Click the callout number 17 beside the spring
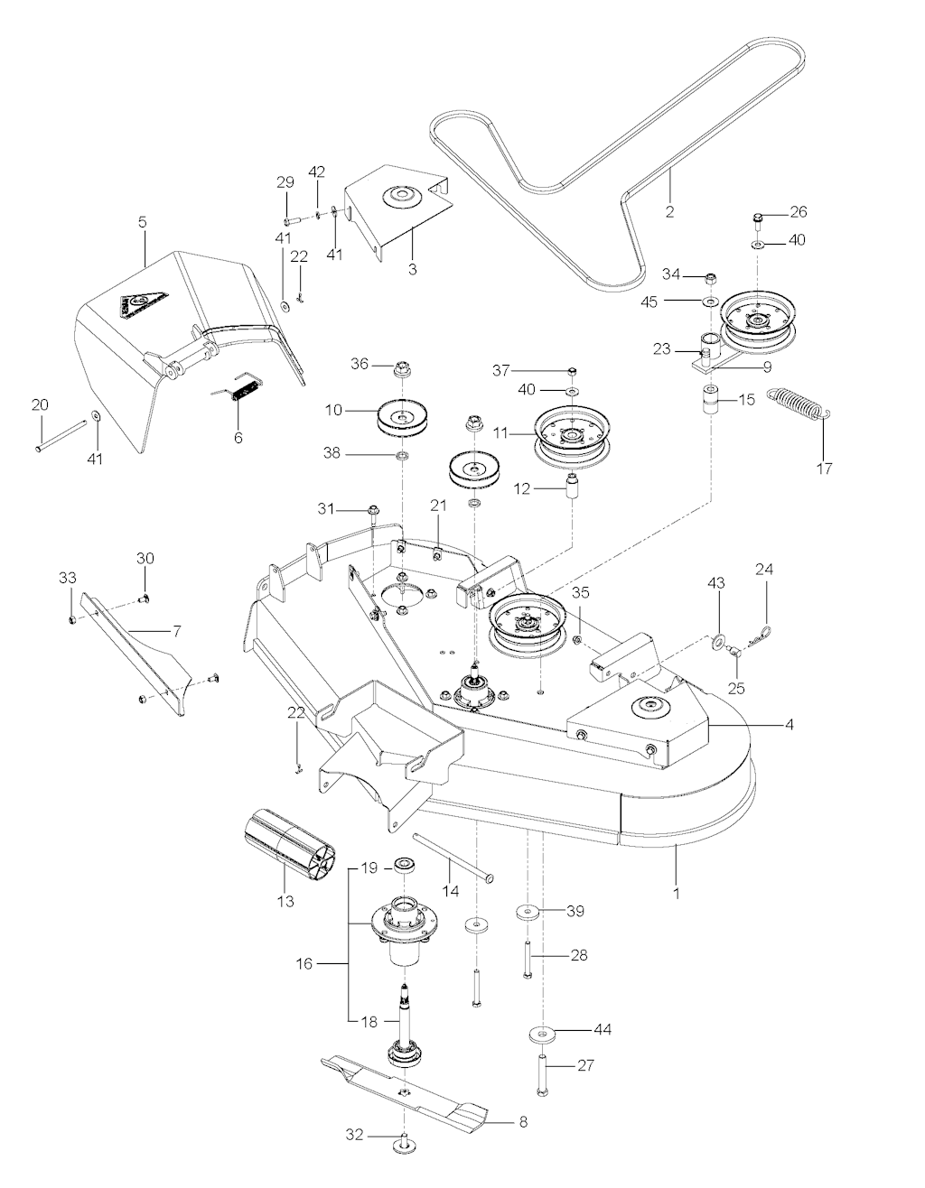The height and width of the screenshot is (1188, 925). [x=824, y=469]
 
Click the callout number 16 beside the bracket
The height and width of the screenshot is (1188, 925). [x=304, y=964]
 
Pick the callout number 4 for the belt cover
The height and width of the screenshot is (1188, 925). [x=789, y=723]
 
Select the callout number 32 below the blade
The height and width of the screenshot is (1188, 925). [x=355, y=1135]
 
